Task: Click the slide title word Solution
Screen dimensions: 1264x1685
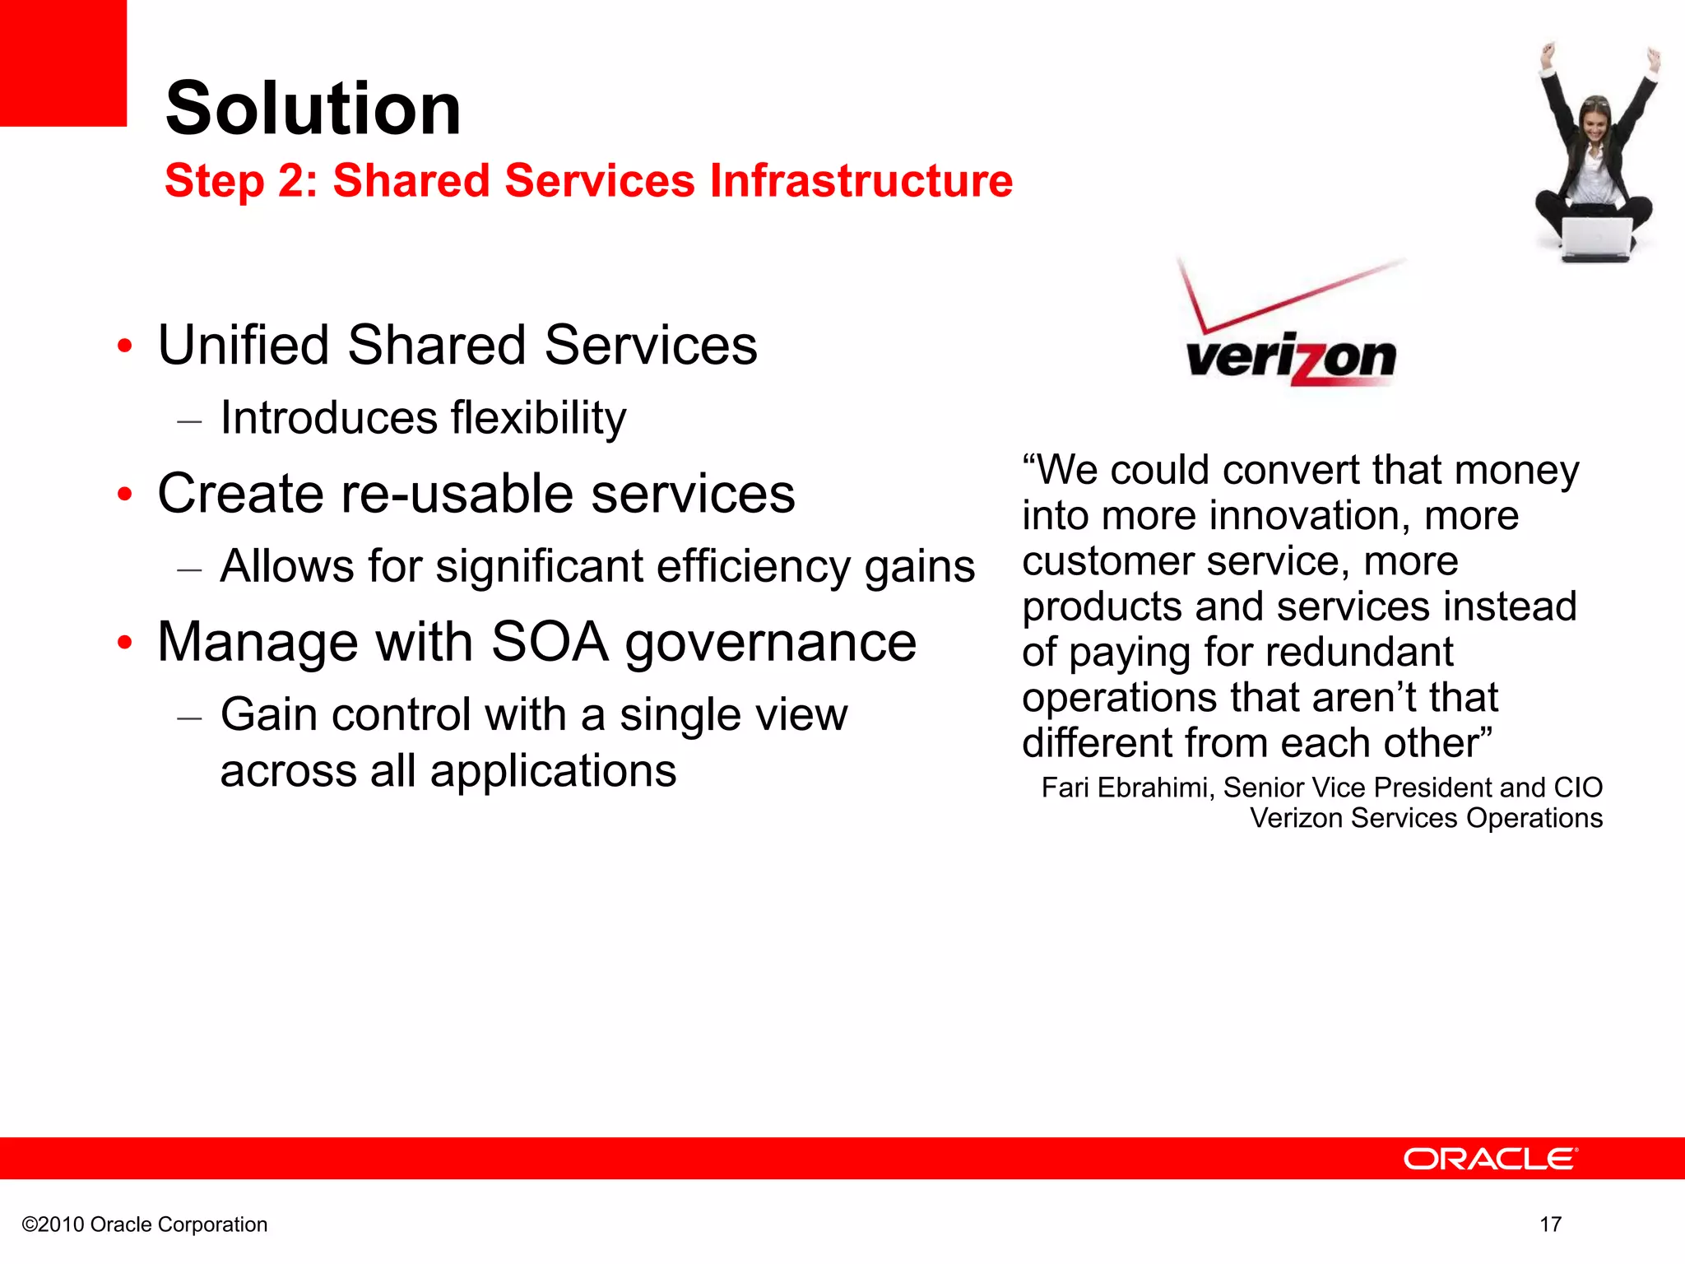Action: click(x=313, y=109)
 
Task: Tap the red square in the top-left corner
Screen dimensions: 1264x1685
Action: click(x=63, y=63)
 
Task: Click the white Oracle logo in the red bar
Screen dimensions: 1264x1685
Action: click(x=1490, y=1159)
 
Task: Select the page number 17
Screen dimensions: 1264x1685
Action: click(x=1550, y=1224)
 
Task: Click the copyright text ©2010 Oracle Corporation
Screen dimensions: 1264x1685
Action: click(x=145, y=1224)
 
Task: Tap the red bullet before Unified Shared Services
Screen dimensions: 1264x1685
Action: click(x=124, y=346)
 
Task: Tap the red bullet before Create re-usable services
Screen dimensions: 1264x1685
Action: click(x=124, y=495)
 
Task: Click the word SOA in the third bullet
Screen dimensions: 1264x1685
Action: click(x=549, y=642)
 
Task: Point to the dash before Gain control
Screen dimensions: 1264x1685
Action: click(x=190, y=718)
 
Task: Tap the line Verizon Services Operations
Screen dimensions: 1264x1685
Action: click(x=1426, y=818)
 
